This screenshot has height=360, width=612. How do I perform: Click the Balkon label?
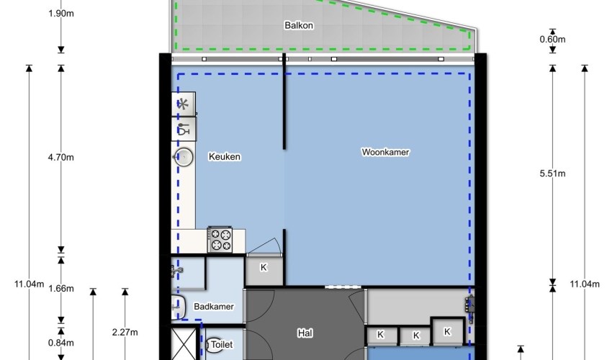pyautogui.click(x=299, y=25)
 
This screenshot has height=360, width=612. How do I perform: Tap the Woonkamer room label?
pyautogui.click(x=385, y=152)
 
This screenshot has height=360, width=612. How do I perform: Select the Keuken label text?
pyautogui.click(x=225, y=156)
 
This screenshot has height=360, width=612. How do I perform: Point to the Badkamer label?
pyautogui.click(x=214, y=307)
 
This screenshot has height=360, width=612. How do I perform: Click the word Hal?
pyautogui.click(x=305, y=333)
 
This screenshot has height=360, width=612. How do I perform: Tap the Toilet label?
pyautogui.click(x=222, y=344)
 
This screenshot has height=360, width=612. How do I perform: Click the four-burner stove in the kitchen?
pyautogui.click(x=220, y=240)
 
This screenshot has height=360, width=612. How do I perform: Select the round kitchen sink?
pyautogui.click(x=184, y=158)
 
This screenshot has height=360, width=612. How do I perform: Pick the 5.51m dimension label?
pyautogui.click(x=552, y=174)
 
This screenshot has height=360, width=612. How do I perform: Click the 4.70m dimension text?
pyautogui.click(x=60, y=158)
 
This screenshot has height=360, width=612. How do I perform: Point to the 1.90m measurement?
pyautogui.click(x=61, y=14)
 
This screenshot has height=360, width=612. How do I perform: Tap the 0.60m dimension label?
pyautogui.click(x=552, y=40)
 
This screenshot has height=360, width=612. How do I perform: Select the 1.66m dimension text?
pyautogui.click(x=60, y=289)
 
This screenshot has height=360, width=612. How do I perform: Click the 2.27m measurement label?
pyautogui.click(x=125, y=332)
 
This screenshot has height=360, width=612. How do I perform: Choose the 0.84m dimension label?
pyautogui.click(x=60, y=343)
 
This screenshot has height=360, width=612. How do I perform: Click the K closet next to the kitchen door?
pyautogui.click(x=264, y=270)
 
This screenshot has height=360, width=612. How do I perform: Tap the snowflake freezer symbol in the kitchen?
pyautogui.click(x=183, y=104)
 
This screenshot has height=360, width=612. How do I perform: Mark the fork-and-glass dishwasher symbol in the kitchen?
pyautogui.click(x=184, y=129)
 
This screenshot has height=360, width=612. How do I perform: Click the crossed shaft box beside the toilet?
pyautogui.click(x=184, y=343)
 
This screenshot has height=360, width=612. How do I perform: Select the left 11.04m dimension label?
pyautogui.click(x=30, y=284)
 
